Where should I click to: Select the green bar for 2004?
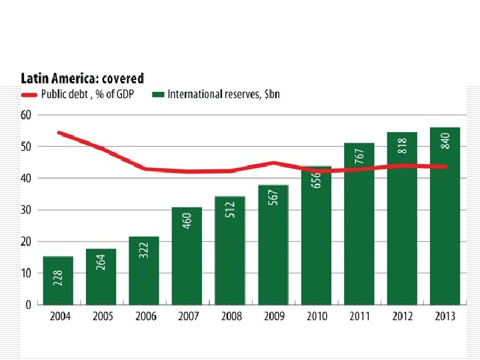(x=58, y=281)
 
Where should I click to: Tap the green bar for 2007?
(x=187, y=256)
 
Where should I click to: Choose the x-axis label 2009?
(x=274, y=316)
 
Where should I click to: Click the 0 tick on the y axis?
(x=27, y=305)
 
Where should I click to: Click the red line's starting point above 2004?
(x=59, y=133)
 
